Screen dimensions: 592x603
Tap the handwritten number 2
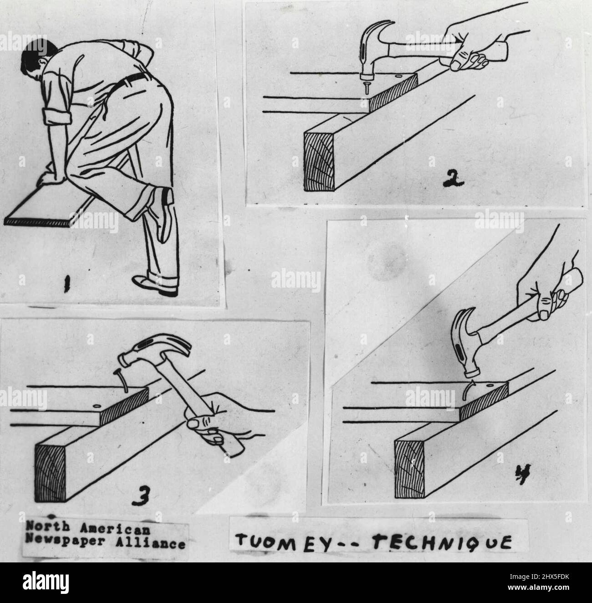pyautogui.click(x=454, y=179)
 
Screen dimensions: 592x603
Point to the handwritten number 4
pyautogui.click(x=523, y=474)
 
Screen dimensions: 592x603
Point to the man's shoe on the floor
pyautogui.click(x=154, y=285)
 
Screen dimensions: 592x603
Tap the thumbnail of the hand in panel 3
pyautogui.click(x=193, y=424)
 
